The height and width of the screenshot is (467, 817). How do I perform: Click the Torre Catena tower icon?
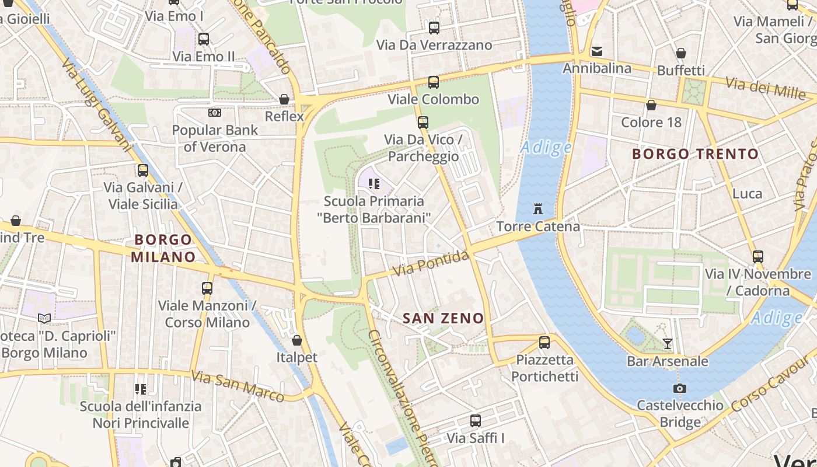(537, 208)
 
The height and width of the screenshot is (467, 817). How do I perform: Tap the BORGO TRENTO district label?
(696, 154)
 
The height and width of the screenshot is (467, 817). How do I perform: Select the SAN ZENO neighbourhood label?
(444, 318)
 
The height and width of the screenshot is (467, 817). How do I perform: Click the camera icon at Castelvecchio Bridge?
(679, 388)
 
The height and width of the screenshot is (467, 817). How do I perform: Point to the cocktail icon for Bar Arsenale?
(668, 344)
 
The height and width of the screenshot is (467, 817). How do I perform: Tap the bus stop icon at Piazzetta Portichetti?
(544, 343)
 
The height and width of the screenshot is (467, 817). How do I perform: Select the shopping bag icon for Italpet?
(297, 340)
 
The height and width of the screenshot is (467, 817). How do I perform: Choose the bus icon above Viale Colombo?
(433, 82)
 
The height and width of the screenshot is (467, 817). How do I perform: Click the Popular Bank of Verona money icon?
(215, 113)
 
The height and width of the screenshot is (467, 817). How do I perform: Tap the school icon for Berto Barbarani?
(374, 184)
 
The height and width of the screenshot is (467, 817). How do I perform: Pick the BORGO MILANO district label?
(163, 248)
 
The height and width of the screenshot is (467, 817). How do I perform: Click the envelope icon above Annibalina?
(596, 51)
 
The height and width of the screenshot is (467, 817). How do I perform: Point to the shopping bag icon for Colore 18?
(651, 106)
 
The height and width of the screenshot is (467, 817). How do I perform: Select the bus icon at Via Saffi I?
(476, 420)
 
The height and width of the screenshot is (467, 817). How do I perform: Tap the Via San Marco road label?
(238, 386)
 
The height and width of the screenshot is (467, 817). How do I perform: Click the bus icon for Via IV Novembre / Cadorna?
(758, 256)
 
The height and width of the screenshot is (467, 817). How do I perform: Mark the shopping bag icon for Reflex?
(284, 99)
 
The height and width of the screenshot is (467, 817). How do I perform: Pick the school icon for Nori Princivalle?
(140, 389)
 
